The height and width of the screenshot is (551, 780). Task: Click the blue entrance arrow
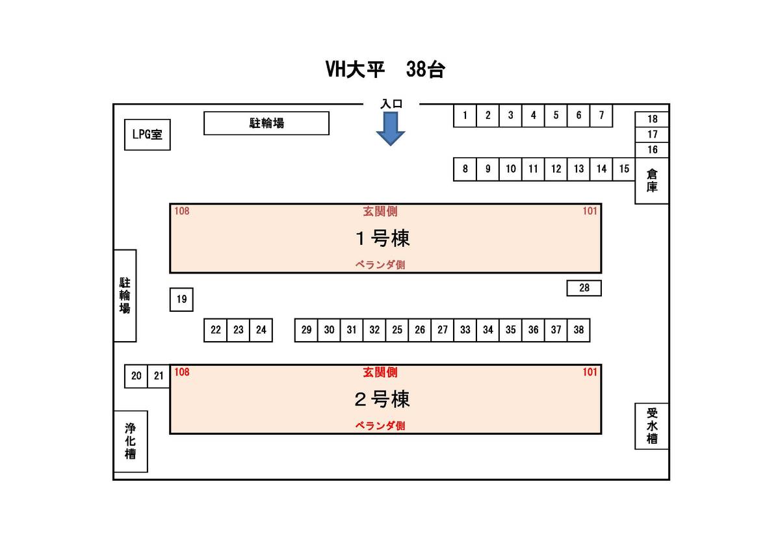(390, 128)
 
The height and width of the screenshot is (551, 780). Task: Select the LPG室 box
(148, 135)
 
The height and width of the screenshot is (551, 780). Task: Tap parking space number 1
(465, 116)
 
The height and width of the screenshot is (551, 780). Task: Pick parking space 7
(601, 116)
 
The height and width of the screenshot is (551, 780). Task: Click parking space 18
(652, 120)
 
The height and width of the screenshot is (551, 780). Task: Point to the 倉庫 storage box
(652, 181)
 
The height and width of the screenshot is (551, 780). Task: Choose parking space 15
(624, 169)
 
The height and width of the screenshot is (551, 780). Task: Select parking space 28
(584, 288)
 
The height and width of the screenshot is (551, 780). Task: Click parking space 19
(181, 300)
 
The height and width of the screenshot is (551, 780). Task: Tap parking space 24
(261, 330)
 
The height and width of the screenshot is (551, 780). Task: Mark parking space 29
(306, 330)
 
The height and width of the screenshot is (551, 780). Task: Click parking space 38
(578, 330)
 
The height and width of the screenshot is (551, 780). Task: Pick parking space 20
(136, 376)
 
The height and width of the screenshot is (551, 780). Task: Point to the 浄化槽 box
(131, 441)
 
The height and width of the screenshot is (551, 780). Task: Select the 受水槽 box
(652, 426)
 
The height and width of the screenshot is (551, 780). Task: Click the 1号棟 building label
(382, 238)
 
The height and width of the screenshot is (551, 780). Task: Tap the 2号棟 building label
(382, 399)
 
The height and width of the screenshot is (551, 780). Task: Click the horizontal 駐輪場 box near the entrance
(266, 123)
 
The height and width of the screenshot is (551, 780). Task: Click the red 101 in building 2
(590, 372)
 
